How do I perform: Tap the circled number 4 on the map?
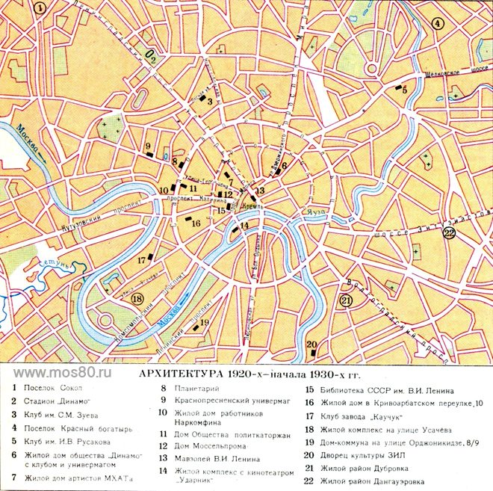click(438, 23)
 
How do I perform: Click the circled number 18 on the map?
click(136, 299)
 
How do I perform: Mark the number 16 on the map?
click(195, 223)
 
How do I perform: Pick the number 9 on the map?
click(149, 146)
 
